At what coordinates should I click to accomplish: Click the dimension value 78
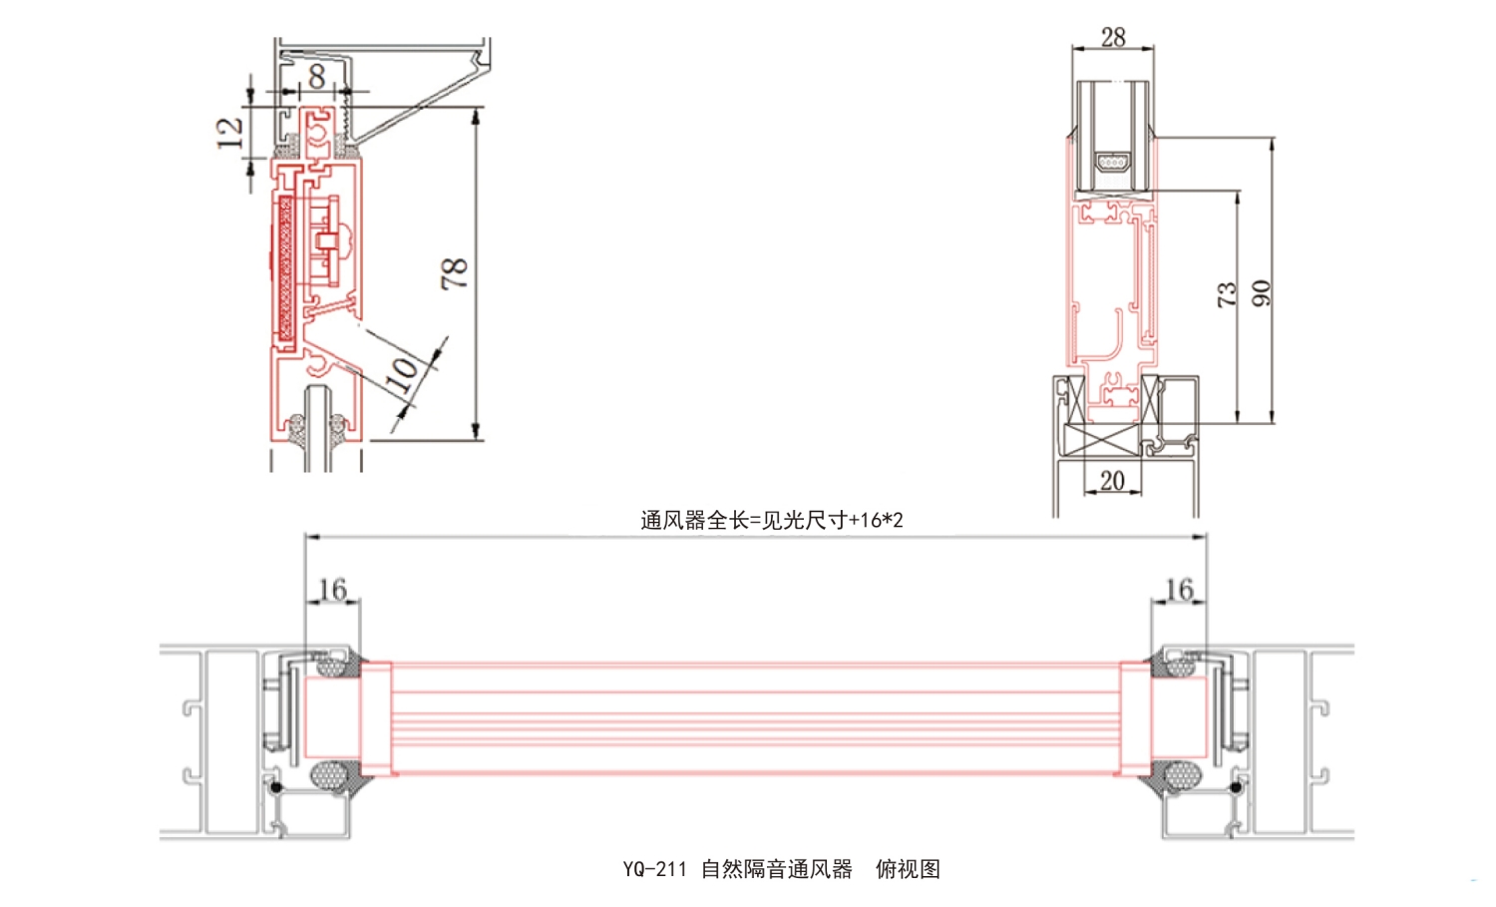(x=454, y=272)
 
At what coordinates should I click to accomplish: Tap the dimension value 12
(x=230, y=132)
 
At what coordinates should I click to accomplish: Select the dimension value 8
(x=316, y=76)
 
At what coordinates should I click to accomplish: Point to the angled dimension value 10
(x=403, y=371)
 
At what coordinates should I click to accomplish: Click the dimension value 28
(x=1113, y=37)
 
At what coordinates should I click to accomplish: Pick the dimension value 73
(x=1226, y=293)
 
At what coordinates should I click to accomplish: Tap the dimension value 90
(x=1261, y=293)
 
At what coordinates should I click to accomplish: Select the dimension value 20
(x=1112, y=480)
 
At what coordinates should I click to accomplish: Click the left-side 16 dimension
(x=332, y=589)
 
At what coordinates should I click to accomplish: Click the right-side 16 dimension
(x=1179, y=589)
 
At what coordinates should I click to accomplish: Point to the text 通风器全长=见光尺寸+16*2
(x=771, y=520)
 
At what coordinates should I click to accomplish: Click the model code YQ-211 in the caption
(x=654, y=869)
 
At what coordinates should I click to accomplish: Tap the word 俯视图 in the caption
(x=908, y=869)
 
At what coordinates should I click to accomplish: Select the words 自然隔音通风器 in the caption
(x=776, y=869)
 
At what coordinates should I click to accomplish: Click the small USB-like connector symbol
(x=1113, y=161)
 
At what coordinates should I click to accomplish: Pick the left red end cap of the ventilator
(x=376, y=718)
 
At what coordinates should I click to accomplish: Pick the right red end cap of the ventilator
(x=1135, y=718)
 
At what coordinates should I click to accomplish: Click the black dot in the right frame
(x=1237, y=787)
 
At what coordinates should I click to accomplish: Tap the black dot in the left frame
(x=276, y=787)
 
